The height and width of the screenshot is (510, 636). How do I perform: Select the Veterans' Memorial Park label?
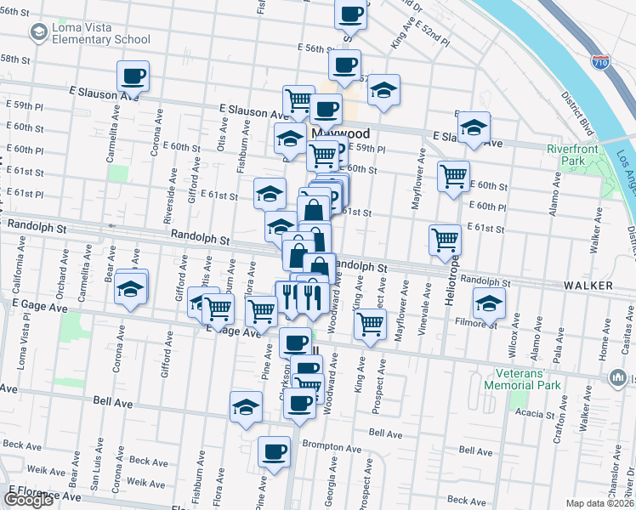522,379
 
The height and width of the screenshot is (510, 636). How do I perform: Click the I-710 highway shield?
600,61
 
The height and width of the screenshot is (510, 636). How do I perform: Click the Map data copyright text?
600,503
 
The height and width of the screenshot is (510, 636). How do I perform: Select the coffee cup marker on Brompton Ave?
275,452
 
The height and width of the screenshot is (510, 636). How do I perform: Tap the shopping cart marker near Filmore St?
371,323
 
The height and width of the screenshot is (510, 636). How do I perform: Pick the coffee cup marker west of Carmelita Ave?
133,76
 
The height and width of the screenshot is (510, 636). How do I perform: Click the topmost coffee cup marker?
350,14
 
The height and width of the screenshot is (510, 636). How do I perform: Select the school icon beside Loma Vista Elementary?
38,32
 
